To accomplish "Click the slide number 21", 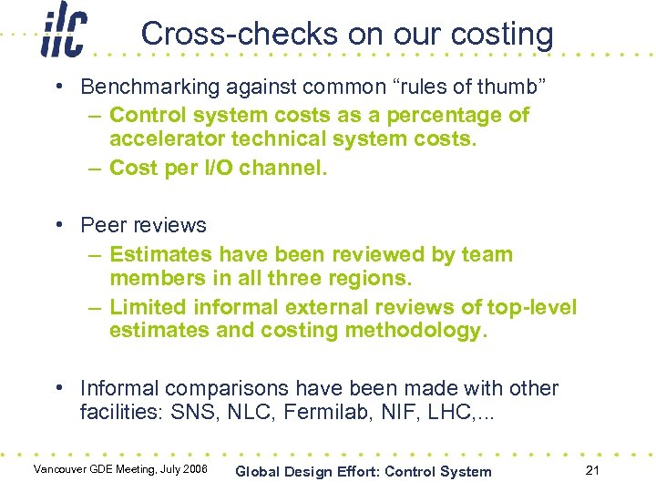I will point(592,470).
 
